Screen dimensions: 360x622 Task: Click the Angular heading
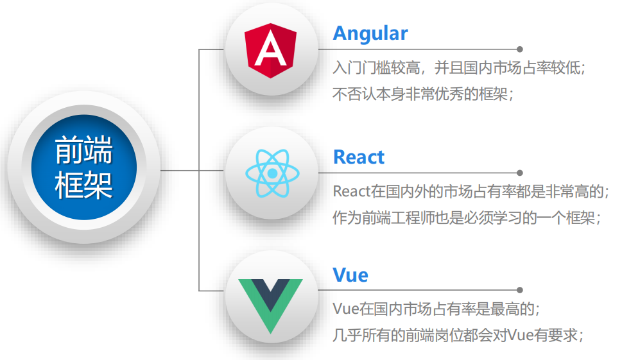370,33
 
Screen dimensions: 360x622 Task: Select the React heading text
358,157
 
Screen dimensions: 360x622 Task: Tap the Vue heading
350,275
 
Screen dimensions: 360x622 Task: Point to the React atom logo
272,173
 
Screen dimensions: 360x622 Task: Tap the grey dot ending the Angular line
520,49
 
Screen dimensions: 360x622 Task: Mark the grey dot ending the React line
520,173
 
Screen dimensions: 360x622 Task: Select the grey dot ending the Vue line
520,290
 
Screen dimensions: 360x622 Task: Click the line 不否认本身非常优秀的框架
424,94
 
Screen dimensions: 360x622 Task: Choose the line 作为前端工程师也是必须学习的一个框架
467,218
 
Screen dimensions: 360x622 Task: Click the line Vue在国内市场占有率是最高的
436,309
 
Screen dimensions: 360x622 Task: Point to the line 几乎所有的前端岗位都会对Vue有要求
459,335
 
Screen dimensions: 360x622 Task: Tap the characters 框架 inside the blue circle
83,184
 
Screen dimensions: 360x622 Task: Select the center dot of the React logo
272,173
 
